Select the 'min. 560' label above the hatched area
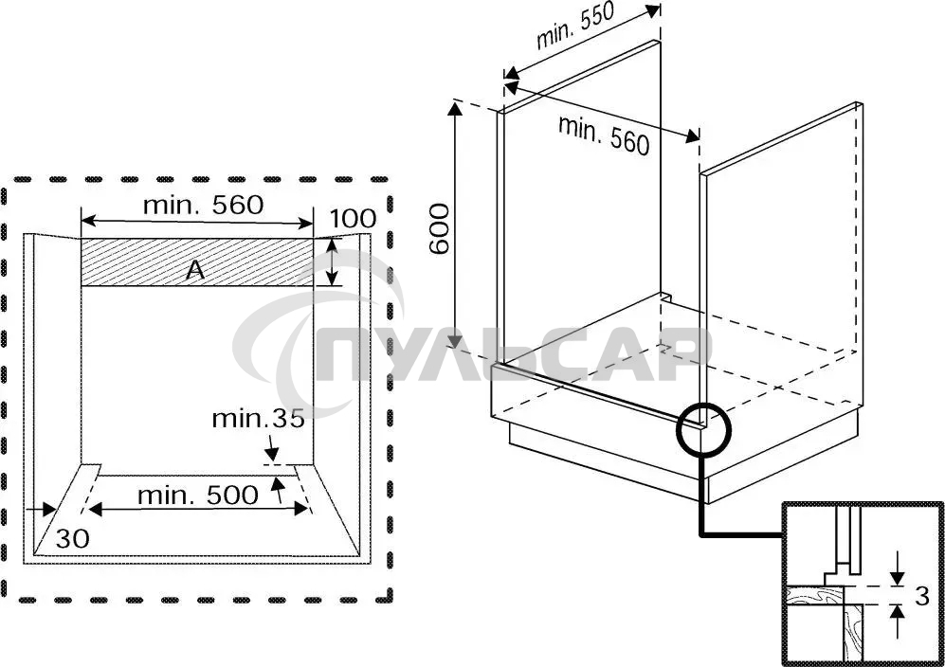202,204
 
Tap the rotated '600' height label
439,228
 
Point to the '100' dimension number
353,220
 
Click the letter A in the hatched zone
194,271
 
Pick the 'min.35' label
258,418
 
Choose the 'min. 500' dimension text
197,494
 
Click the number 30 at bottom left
72,538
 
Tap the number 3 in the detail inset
920,596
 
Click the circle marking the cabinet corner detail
701,429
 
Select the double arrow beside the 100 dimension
332,261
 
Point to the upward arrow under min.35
277,487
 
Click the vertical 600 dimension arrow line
457,227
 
